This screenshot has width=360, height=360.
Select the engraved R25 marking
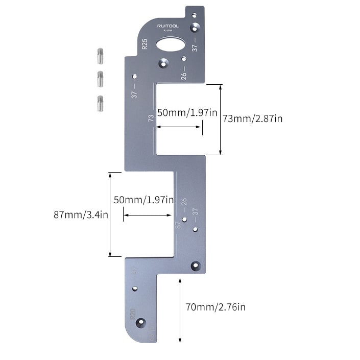click(145, 44)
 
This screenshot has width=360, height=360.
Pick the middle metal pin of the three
click(101, 79)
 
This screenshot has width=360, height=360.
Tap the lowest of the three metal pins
click(101, 104)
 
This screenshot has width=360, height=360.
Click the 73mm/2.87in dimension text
click(252, 118)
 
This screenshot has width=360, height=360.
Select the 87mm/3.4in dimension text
click(81, 214)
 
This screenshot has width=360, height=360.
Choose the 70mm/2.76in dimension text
click(215, 307)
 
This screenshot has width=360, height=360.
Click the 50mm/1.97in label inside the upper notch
click(183, 113)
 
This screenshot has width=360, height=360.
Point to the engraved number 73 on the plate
click(151, 118)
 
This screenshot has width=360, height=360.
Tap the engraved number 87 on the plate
click(178, 224)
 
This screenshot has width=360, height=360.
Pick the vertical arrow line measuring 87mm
click(110, 214)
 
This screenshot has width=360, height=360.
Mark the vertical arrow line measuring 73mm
click(220, 119)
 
